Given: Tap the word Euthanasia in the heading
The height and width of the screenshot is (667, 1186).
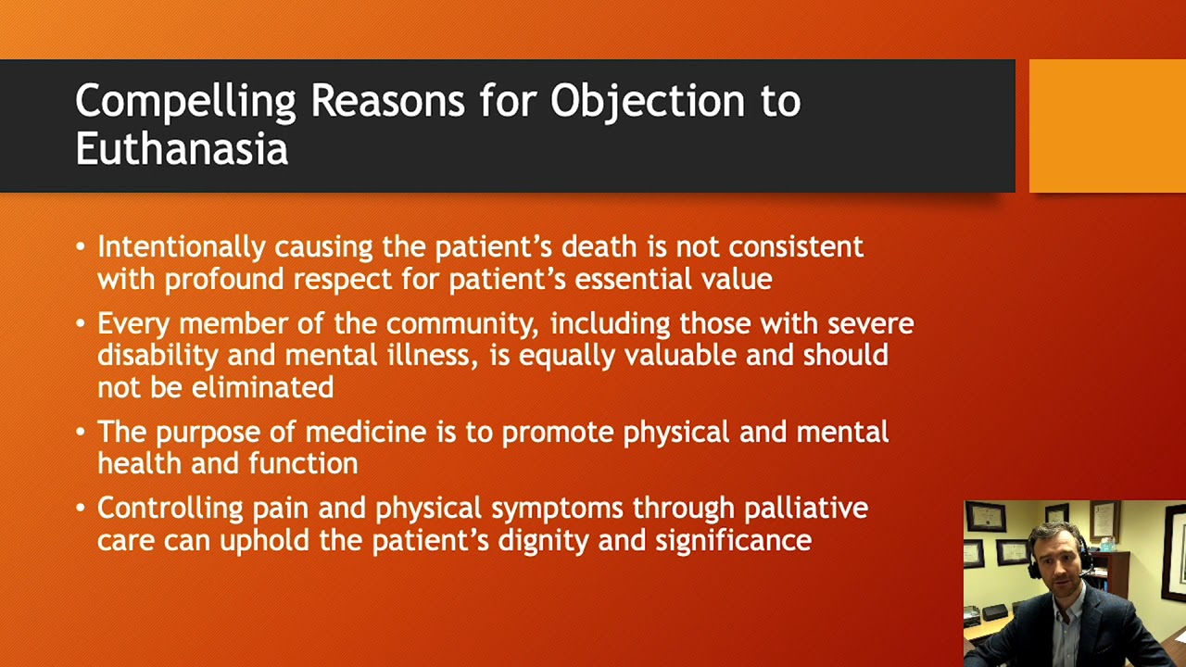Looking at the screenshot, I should point(182,149).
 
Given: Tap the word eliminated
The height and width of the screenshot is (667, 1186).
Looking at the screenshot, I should point(262,386).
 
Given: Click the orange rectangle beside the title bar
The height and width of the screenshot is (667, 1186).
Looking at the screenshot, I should point(1107,126).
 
